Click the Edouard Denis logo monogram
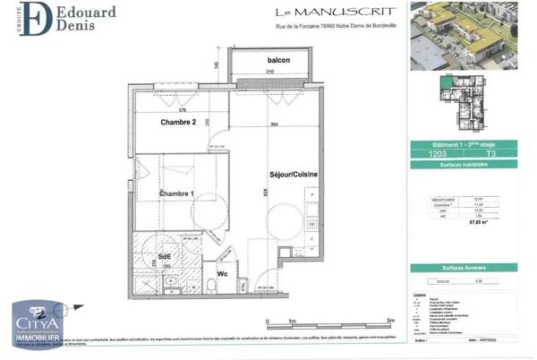point(35,20)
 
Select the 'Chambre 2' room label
point(178,122)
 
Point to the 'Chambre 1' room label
point(176,193)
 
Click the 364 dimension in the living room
point(273,124)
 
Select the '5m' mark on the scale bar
point(390,320)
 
